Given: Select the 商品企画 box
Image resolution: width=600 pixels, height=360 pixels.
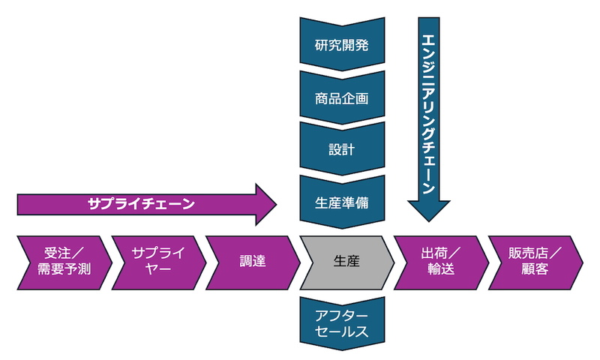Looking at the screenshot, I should pyautogui.click(x=342, y=97).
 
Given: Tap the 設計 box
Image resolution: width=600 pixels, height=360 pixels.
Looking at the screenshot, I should pyautogui.click(x=342, y=149).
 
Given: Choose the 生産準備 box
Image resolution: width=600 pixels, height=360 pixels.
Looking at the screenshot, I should pyautogui.click(x=342, y=201).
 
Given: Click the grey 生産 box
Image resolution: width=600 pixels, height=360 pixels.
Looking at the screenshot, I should pyautogui.click(x=346, y=261).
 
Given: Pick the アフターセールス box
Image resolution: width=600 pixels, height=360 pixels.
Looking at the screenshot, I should pyautogui.click(x=342, y=323).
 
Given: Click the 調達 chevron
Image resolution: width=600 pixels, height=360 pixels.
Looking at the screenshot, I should pyautogui.click(x=252, y=261).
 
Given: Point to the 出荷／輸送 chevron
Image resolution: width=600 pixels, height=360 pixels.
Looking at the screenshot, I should pyautogui.click(x=441, y=261).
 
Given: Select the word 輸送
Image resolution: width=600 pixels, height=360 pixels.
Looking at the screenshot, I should pyautogui.click(x=441, y=269).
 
